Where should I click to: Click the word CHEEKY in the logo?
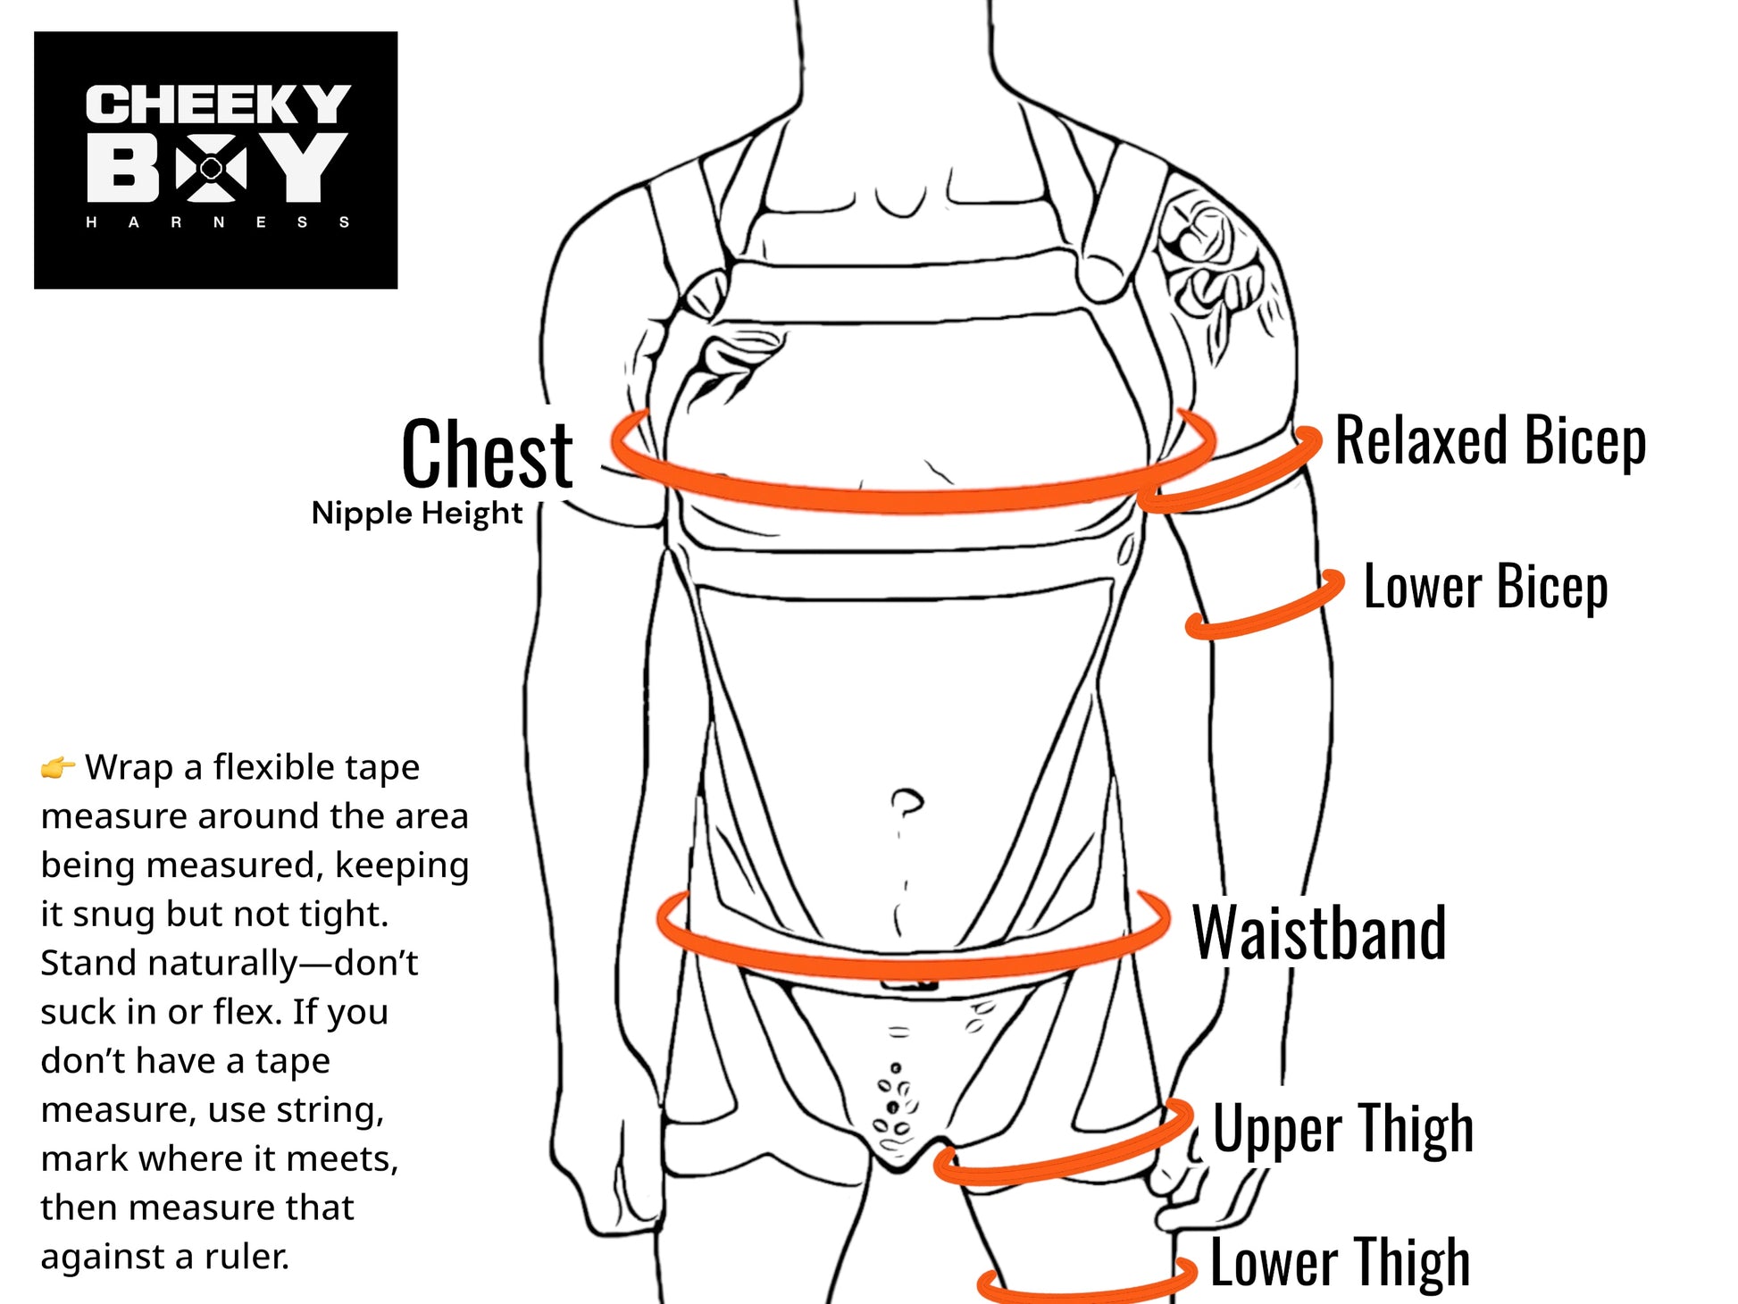[217, 104]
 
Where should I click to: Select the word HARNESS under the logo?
[217, 222]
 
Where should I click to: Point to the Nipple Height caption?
[416, 514]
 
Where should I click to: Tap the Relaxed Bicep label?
[1490, 440]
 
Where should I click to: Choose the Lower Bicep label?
[1485, 587]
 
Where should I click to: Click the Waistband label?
[1318, 932]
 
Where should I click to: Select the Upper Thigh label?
[1341, 1129]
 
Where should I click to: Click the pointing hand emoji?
[58, 767]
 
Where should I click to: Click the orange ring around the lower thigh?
[1085, 1287]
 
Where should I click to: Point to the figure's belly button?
[907, 801]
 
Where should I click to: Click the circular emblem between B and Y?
[212, 167]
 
